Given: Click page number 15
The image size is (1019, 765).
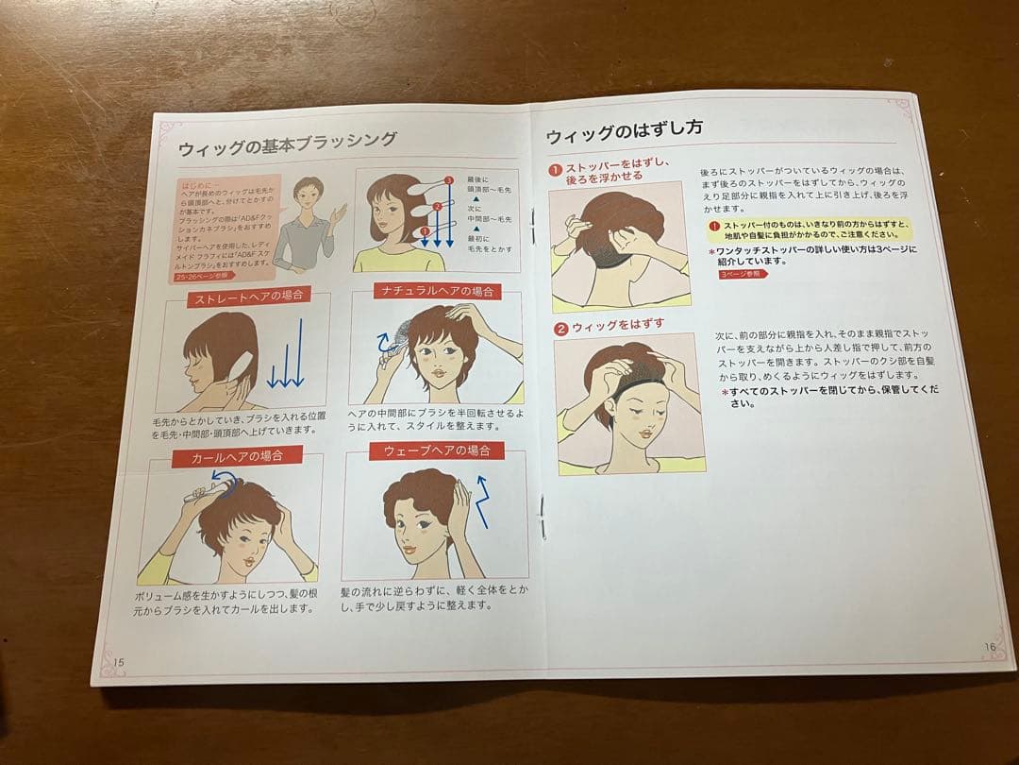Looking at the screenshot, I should (x=119, y=661).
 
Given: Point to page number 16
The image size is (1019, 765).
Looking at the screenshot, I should (x=989, y=647).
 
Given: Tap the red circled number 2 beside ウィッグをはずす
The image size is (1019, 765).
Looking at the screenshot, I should (x=560, y=328).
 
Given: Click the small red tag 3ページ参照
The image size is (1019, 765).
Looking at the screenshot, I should (x=743, y=274).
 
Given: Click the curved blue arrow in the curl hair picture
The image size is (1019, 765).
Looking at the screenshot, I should (x=223, y=478).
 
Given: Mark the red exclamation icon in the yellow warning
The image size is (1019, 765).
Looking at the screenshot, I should (x=713, y=226).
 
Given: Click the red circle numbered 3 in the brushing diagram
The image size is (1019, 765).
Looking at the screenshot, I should (x=449, y=180).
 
